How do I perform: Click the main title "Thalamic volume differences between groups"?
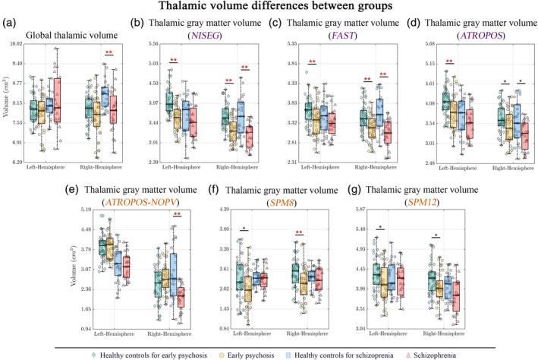[269, 8]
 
